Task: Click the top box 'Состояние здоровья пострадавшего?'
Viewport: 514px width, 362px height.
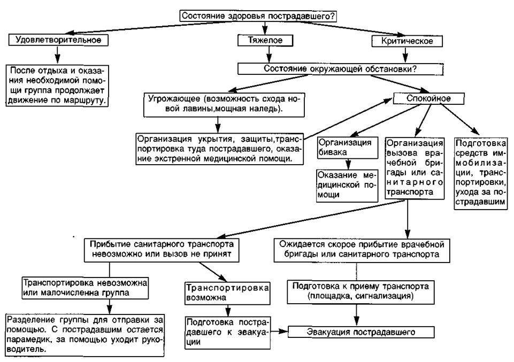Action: pos(258,16)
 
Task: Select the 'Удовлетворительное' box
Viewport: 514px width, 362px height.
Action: pos(58,40)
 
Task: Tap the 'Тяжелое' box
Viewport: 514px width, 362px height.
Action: pos(265,40)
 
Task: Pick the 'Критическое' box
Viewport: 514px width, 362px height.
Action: pos(407,41)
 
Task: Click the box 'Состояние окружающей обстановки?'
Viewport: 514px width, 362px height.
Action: pos(340,69)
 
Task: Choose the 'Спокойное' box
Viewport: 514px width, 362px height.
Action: pos(428,98)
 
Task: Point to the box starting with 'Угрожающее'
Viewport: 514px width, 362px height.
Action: pos(224,105)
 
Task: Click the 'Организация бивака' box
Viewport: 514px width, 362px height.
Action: pos(348,148)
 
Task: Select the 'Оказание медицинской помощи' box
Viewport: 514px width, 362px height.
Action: pos(347,186)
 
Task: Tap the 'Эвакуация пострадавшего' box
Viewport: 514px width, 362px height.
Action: pos(361,332)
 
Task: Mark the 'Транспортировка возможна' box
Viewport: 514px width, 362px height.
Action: pos(227,293)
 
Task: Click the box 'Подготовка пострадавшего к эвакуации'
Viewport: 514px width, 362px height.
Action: pos(228,333)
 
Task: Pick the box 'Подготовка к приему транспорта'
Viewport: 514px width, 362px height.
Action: pos(360,291)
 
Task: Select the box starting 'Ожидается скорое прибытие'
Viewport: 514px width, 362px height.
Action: pos(362,250)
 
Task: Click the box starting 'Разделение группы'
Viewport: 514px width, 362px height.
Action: pos(85,335)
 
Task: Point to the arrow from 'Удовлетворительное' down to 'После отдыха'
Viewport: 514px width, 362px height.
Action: pos(58,55)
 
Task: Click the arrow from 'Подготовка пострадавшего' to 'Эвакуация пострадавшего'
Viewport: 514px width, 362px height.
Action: pos(279,332)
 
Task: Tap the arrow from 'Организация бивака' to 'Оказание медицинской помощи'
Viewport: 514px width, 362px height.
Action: pos(348,164)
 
